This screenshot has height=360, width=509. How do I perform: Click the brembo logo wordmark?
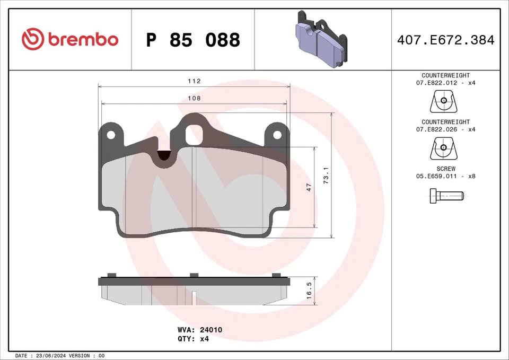coord(70,39)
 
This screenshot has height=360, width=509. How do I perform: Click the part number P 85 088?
coord(193,40)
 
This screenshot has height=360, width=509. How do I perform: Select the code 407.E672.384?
coord(445,40)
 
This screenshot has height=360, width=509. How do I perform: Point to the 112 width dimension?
coord(194,81)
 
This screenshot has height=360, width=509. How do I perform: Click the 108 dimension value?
coord(194,98)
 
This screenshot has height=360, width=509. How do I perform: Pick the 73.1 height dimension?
coord(326,175)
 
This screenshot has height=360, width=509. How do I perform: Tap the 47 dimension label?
coord(309,187)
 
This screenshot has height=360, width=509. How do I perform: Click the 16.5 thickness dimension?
coord(309,291)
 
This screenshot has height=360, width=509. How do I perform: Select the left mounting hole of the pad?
coord(111,135)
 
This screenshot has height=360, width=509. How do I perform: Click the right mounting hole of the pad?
coord(277,135)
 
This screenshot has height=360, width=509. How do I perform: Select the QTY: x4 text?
coord(194,339)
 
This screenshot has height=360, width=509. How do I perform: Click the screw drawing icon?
coord(445,197)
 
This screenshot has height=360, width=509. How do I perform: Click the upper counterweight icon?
coord(443,101)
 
